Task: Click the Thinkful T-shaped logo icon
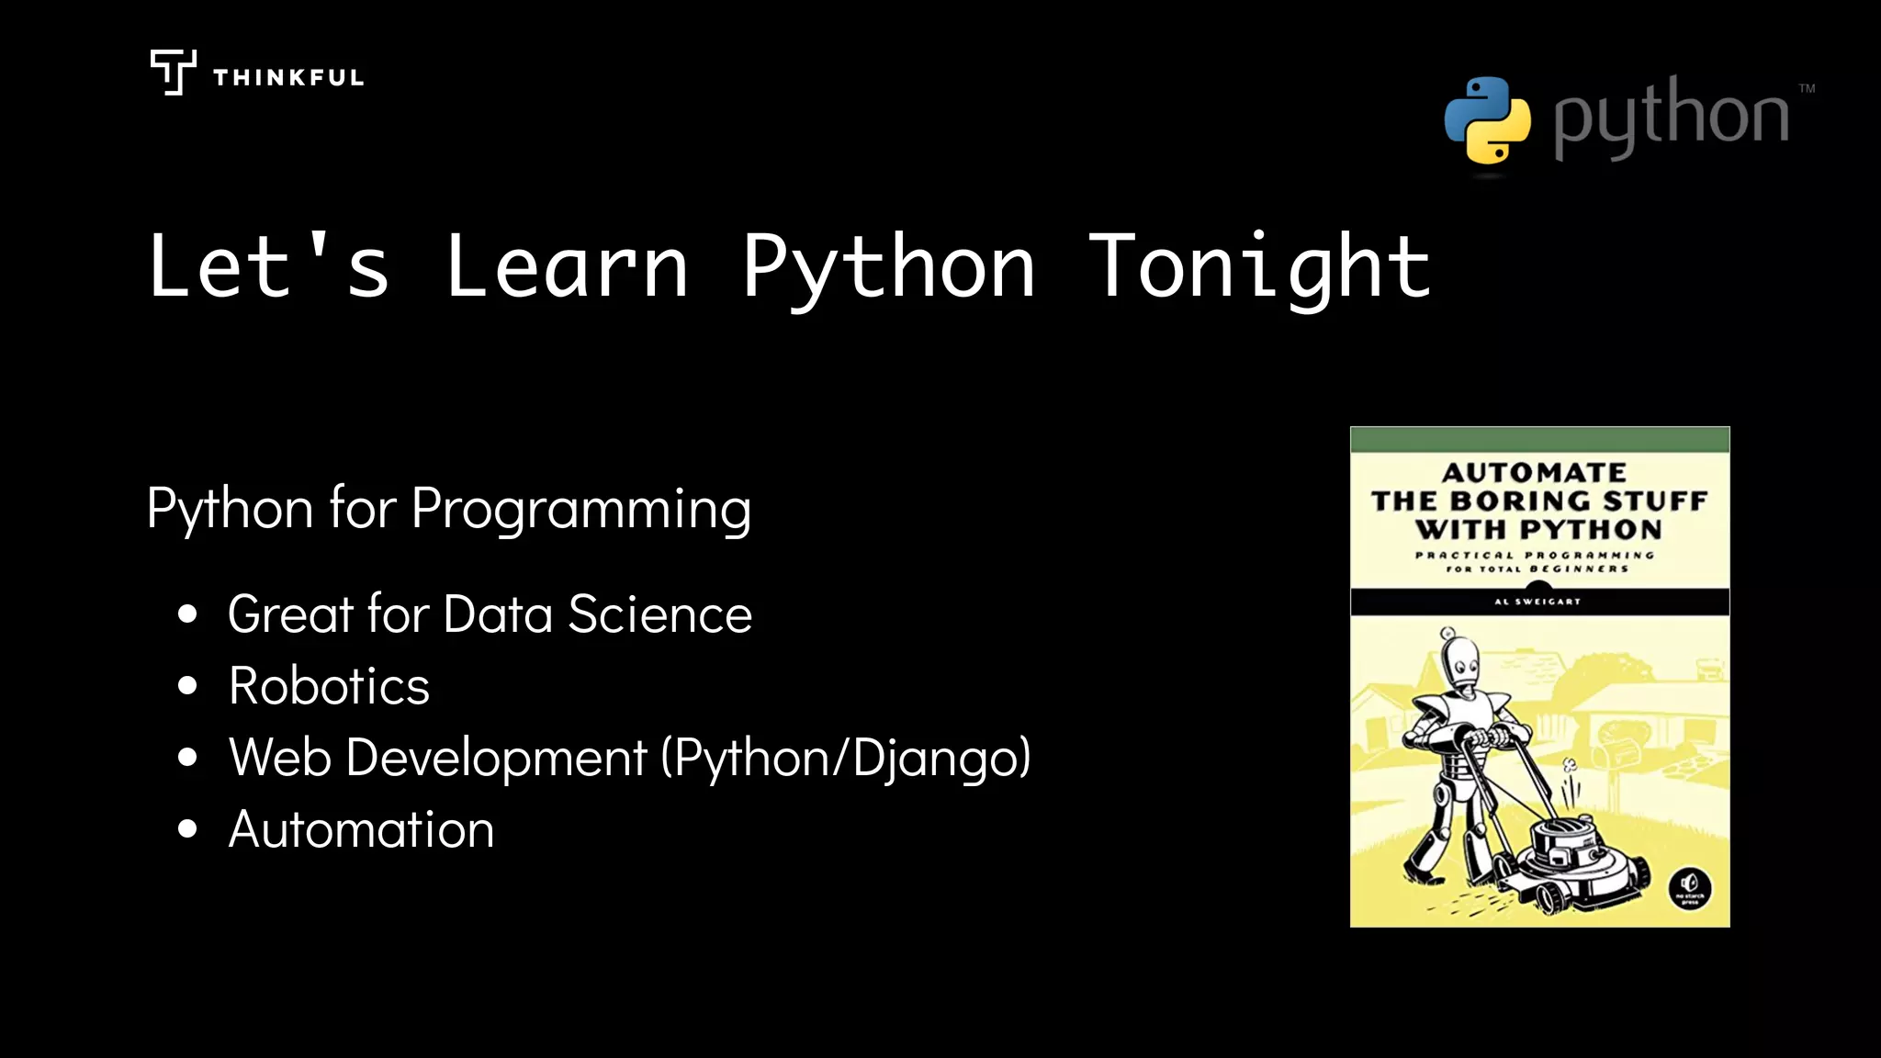[173, 72]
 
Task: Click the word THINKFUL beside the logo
[288, 78]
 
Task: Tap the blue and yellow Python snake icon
[1487, 120]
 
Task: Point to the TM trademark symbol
[1807, 89]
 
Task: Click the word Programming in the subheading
[581, 509]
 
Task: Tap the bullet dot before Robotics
[187, 685]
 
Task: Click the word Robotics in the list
[329, 686]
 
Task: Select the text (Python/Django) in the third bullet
[846, 759]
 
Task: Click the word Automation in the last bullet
[361, 829]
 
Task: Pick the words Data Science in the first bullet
[597, 614]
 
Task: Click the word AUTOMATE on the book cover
[1534, 472]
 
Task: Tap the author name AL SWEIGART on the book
[1537, 602]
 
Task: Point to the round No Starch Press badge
[1689, 888]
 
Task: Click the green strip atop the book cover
[1539, 439]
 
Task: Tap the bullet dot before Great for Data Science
[187, 613]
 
